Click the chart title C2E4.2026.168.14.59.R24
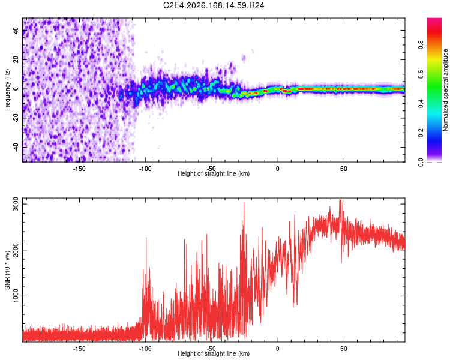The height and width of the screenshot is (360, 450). coord(214,5)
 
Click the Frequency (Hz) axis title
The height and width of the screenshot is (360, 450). coord(7,90)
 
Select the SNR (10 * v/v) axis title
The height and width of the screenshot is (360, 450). coord(7,270)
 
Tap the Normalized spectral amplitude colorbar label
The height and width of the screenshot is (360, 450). coord(445,90)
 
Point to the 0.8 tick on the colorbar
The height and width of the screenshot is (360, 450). coord(421,45)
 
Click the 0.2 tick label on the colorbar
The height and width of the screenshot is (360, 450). coord(421,133)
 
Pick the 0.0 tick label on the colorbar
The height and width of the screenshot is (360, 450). coord(421,163)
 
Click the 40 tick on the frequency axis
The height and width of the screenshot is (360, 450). coord(16,30)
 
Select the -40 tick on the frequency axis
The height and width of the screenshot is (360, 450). coord(16,148)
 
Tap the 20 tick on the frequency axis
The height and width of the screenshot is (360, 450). coord(16,59)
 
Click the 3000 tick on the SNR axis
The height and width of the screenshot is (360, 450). coord(16,204)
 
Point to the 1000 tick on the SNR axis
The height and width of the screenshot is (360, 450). coord(16,296)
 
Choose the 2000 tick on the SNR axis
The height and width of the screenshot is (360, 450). coord(16,250)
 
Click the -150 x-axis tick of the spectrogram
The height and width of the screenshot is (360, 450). coord(79,169)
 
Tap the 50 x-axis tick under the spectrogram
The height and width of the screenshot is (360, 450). coord(344,169)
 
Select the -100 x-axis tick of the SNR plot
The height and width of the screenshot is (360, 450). coord(145,349)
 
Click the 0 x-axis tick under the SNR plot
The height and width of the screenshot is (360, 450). coord(278,349)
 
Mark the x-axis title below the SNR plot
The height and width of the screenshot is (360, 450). coord(214,353)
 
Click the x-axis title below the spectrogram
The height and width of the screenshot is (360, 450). coord(214,173)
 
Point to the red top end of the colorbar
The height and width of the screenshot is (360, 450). coord(434,19)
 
